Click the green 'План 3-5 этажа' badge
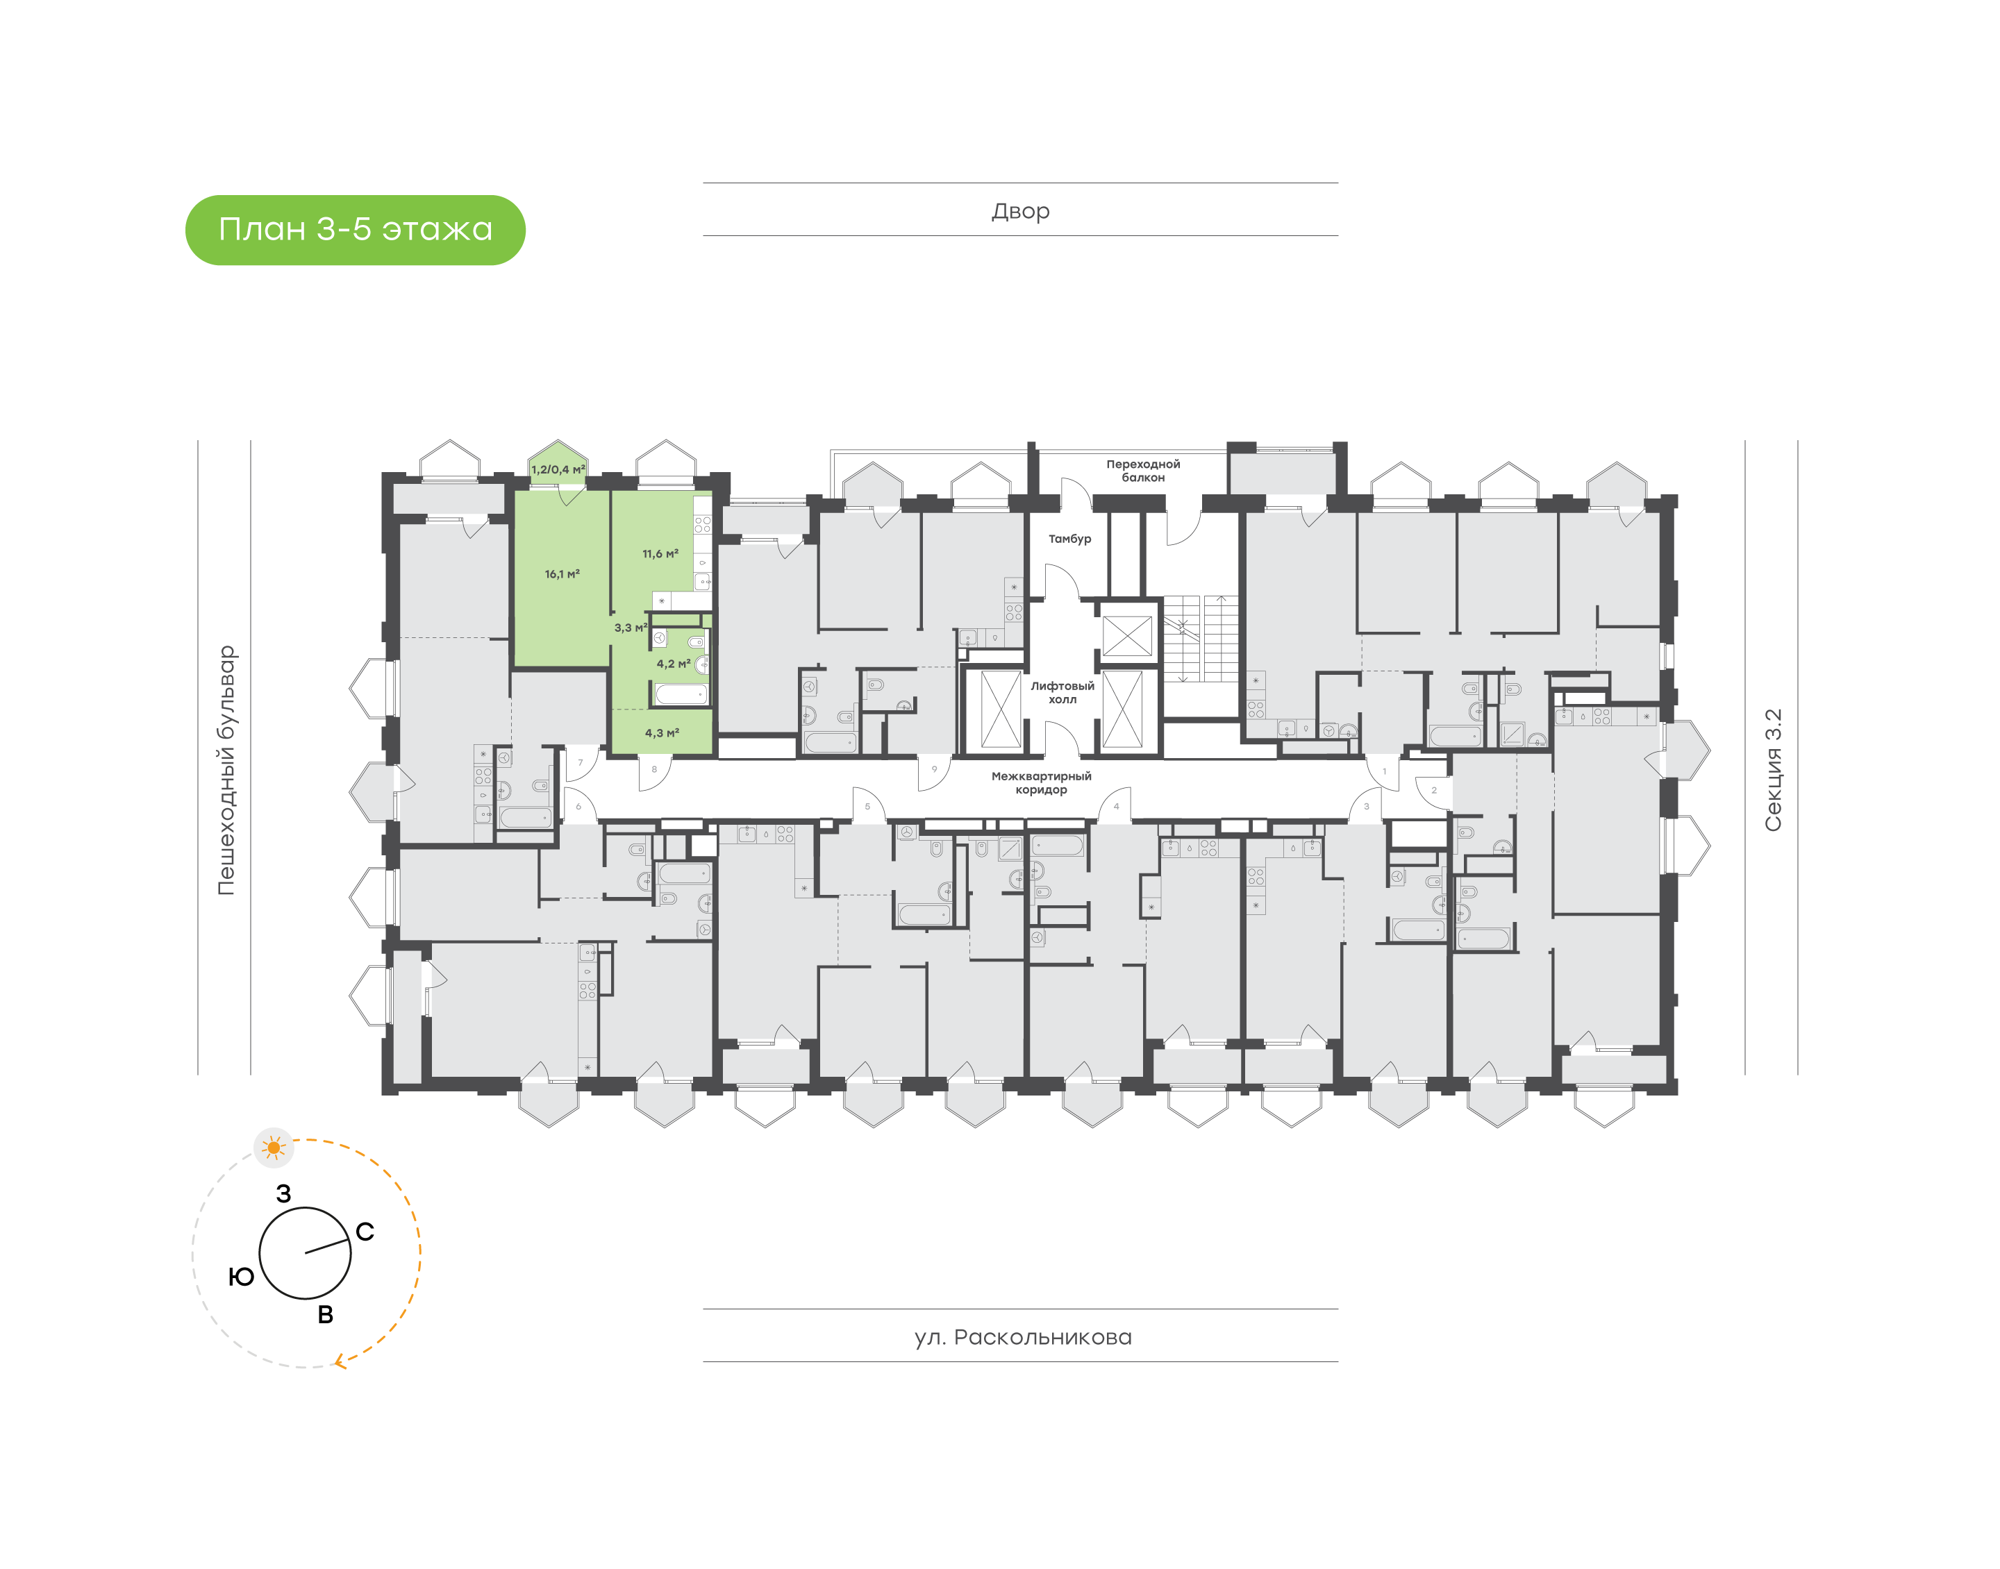[355, 230]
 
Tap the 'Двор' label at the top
[1019, 210]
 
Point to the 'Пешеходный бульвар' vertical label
[226, 770]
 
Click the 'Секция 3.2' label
[1772, 770]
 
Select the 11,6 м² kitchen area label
[660, 554]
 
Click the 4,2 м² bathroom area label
[672, 663]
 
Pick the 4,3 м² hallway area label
[662, 733]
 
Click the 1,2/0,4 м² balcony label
[558, 469]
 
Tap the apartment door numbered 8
[654, 770]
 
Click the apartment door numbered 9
[934, 770]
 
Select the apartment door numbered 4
[1116, 807]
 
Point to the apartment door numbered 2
[1433, 790]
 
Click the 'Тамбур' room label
[1069, 539]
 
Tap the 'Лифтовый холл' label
[1062, 693]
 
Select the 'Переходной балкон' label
[1143, 470]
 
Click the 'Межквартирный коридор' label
[1041, 782]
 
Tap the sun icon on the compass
[273, 1148]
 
